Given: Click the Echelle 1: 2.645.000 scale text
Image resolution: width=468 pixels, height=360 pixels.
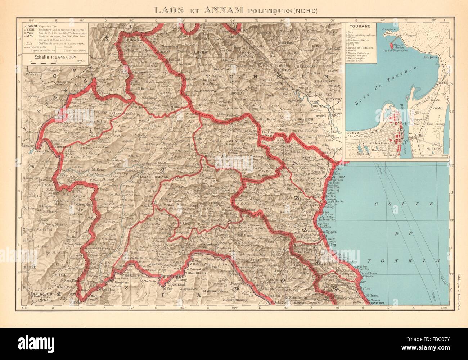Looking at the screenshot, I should [51, 56].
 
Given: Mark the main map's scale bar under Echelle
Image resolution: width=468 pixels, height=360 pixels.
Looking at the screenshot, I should [50, 61].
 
